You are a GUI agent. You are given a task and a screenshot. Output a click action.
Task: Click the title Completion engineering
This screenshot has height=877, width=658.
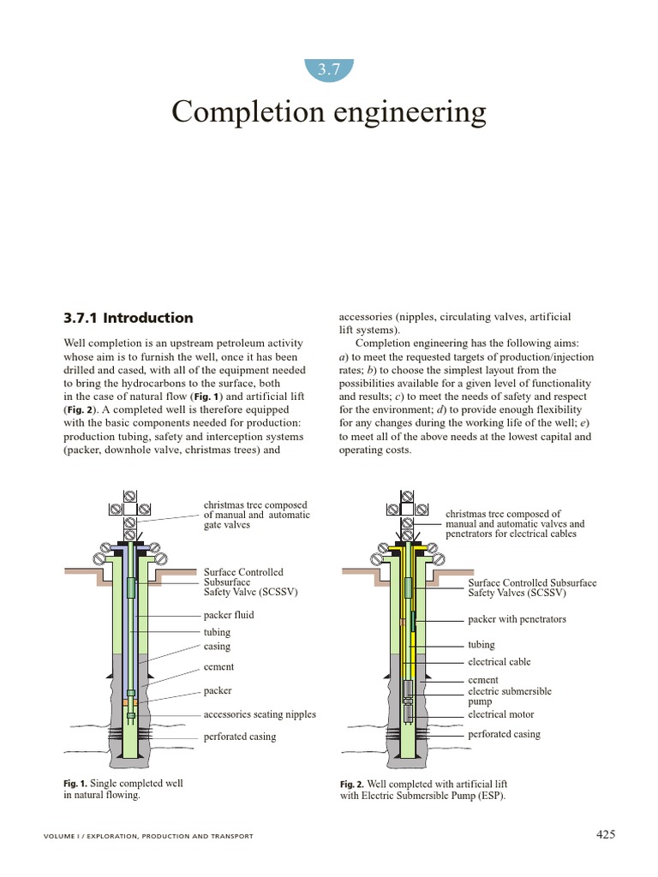point(329,112)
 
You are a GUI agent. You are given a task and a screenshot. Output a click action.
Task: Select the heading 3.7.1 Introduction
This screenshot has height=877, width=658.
point(129,318)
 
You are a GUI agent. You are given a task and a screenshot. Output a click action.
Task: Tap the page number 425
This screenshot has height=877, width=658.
point(605,835)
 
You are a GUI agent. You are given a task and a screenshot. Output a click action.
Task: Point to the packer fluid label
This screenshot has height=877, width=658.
point(229,615)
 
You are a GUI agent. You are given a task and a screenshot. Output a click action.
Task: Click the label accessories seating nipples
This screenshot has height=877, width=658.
point(260,714)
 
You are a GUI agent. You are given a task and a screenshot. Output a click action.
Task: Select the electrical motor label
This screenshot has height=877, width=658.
point(500,714)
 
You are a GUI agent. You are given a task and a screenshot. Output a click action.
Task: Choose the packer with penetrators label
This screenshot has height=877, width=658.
point(517,619)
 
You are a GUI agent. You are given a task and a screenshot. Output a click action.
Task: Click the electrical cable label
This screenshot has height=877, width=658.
point(499,662)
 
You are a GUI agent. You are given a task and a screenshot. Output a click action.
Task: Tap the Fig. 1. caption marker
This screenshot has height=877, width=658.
point(75,784)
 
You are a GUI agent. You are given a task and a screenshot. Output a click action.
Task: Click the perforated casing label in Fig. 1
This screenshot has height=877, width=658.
point(240,737)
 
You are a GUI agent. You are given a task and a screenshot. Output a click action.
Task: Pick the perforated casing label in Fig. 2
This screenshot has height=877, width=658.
point(504,734)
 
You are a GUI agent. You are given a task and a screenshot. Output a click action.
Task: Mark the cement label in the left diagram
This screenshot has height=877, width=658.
point(218,667)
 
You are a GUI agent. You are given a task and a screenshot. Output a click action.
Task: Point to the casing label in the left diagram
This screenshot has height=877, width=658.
point(217,647)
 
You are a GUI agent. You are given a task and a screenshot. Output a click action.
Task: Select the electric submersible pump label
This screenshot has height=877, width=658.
point(509,695)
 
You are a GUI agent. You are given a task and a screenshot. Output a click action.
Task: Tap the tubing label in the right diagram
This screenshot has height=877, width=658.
point(482,645)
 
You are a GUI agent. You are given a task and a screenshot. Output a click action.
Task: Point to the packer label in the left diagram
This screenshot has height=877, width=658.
point(218,690)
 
